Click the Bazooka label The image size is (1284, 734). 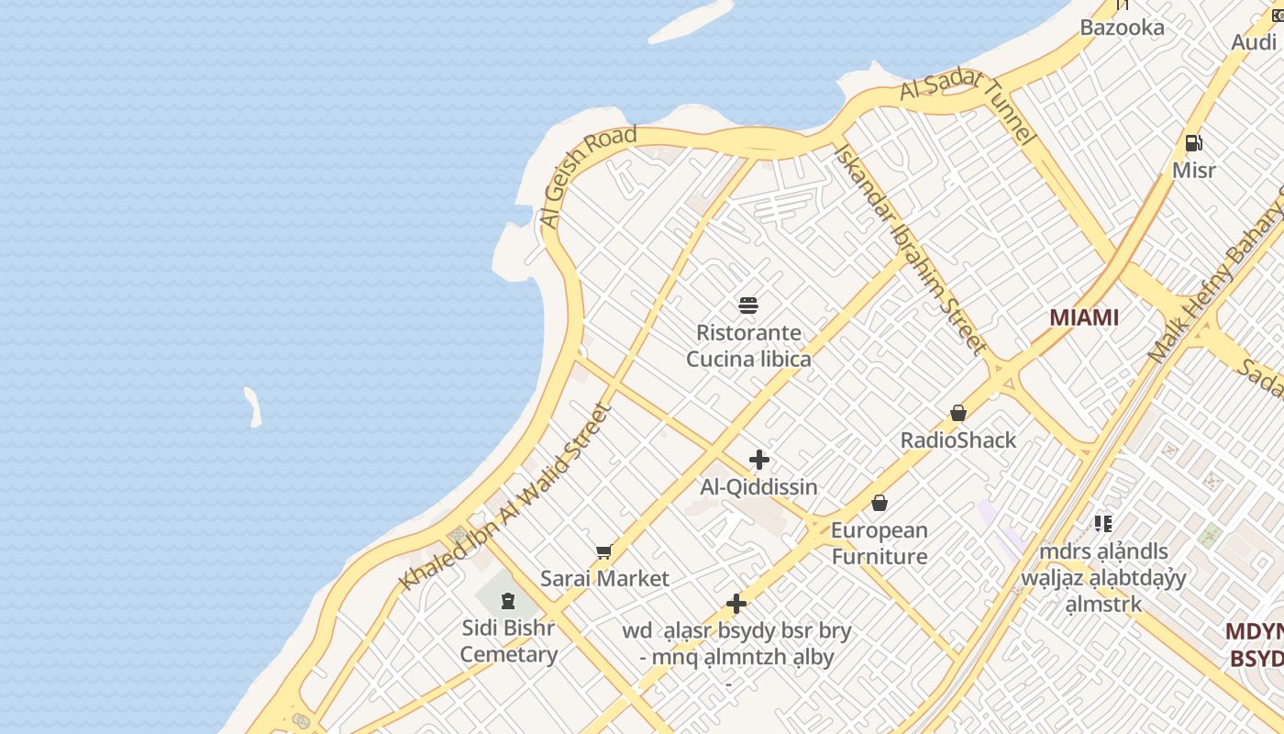pyautogui.click(x=1122, y=28)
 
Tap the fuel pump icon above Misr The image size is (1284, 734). pyautogui.click(x=1193, y=143)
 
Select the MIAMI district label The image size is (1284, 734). pyautogui.click(x=1084, y=317)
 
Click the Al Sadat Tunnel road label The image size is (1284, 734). pyautogui.click(x=969, y=106)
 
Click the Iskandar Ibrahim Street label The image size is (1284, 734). pyautogui.click(x=911, y=249)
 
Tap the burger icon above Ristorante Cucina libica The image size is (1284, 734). pyautogui.click(x=748, y=305)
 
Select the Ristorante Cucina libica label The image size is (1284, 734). pyautogui.click(x=748, y=346)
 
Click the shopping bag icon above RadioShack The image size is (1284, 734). pyautogui.click(x=958, y=413)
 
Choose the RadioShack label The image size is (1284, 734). pyautogui.click(x=958, y=440)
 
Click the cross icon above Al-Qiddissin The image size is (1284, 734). pyautogui.click(x=759, y=460)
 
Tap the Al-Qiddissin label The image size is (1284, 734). pyautogui.click(x=758, y=487)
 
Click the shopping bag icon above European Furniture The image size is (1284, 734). pyautogui.click(x=880, y=503)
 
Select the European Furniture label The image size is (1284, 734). pyautogui.click(x=880, y=543)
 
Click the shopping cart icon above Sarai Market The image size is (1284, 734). pyautogui.click(x=603, y=551)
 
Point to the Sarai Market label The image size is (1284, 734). pyautogui.click(x=604, y=579)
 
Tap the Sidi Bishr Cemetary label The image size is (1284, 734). pyautogui.click(x=508, y=641)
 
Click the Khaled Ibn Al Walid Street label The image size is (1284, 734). pyautogui.click(x=505, y=496)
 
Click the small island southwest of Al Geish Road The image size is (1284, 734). pyautogui.click(x=252, y=406)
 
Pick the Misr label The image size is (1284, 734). pyautogui.click(x=1193, y=171)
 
